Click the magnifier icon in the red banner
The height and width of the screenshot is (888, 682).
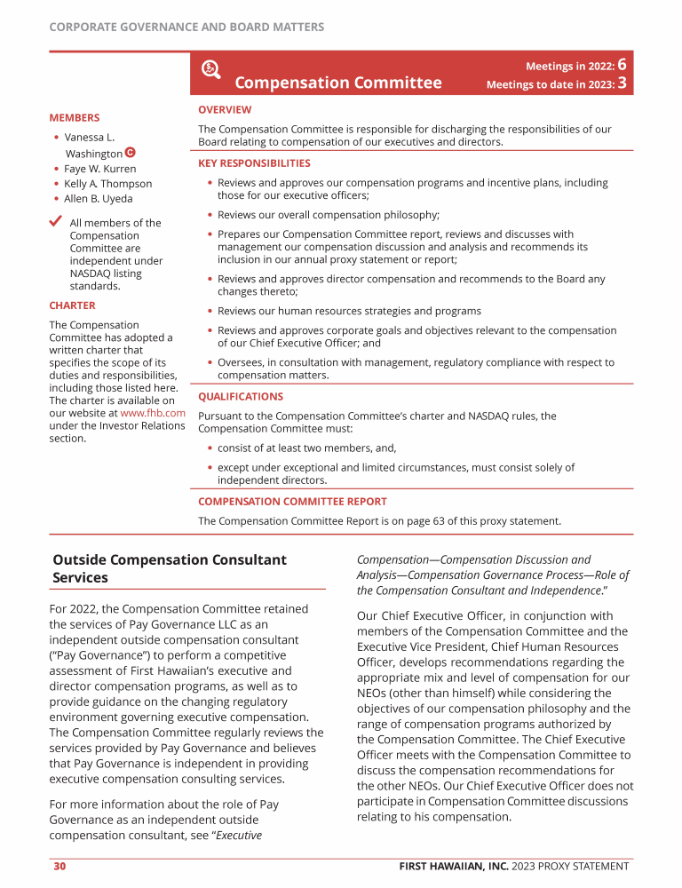point(211,69)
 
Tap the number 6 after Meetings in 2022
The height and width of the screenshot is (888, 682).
point(623,65)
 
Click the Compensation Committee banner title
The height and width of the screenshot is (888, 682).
point(337,83)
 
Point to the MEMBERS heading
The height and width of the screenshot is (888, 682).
point(75,117)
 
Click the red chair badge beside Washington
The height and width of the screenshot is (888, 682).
point(131,153)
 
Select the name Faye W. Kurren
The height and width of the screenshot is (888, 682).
point(100,169)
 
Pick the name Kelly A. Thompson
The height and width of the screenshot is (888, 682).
point(107,184)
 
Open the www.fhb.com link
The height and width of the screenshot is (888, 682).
point(153,413)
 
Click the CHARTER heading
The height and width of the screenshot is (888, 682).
point(72,305)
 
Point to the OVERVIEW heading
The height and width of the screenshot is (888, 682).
point(225,110)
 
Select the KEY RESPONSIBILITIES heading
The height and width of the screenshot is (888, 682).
point(254,163)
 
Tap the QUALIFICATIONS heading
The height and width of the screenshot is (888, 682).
point(241,397)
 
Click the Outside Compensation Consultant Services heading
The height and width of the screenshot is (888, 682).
point(170,568)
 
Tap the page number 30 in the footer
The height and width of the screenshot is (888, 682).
point(59,867)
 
